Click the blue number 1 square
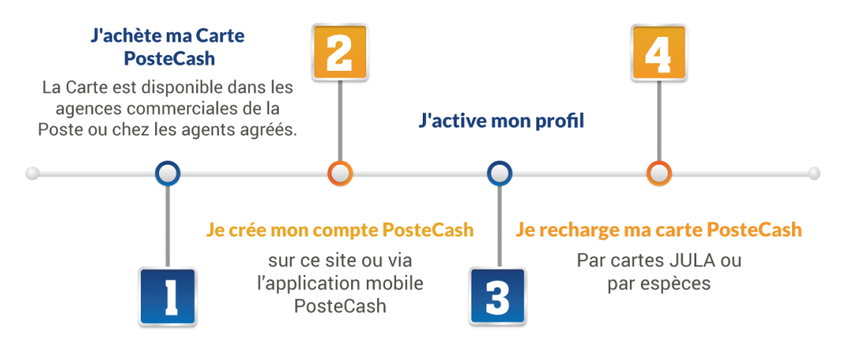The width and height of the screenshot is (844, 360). coord(168,297)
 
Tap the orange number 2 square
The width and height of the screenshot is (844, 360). coord(339,51)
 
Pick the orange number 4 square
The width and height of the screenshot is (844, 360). coord(659,51)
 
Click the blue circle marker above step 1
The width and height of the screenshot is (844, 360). coord(168,173)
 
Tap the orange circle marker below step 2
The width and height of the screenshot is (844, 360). coord(339,173)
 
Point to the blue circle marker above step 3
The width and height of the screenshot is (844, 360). coord(499,173)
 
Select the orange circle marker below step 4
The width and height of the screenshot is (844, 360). coord(659,173)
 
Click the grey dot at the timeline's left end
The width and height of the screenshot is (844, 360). coord(32,173)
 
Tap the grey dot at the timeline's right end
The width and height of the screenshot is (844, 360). coord(814,173)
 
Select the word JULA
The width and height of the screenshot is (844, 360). coord(694,260)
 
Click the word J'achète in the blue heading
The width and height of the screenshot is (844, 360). coord(124,35)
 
